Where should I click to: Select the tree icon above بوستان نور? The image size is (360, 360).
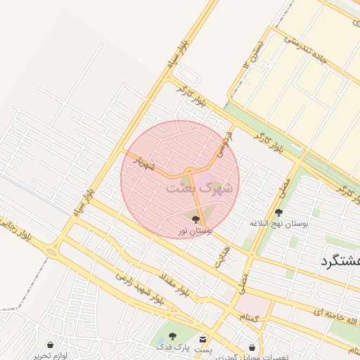coord(195,220)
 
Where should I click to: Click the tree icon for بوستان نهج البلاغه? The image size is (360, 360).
coord(279,212)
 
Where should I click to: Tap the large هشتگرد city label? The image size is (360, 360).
coord(340,261)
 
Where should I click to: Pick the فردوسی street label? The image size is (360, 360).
coord(224,141)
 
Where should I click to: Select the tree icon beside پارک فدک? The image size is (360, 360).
coord(173,337)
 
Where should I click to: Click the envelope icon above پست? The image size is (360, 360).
coord(203,339)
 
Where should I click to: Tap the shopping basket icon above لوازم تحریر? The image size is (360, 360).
coord(51,345)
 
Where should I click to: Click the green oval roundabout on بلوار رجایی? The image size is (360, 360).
coord(51,252)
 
